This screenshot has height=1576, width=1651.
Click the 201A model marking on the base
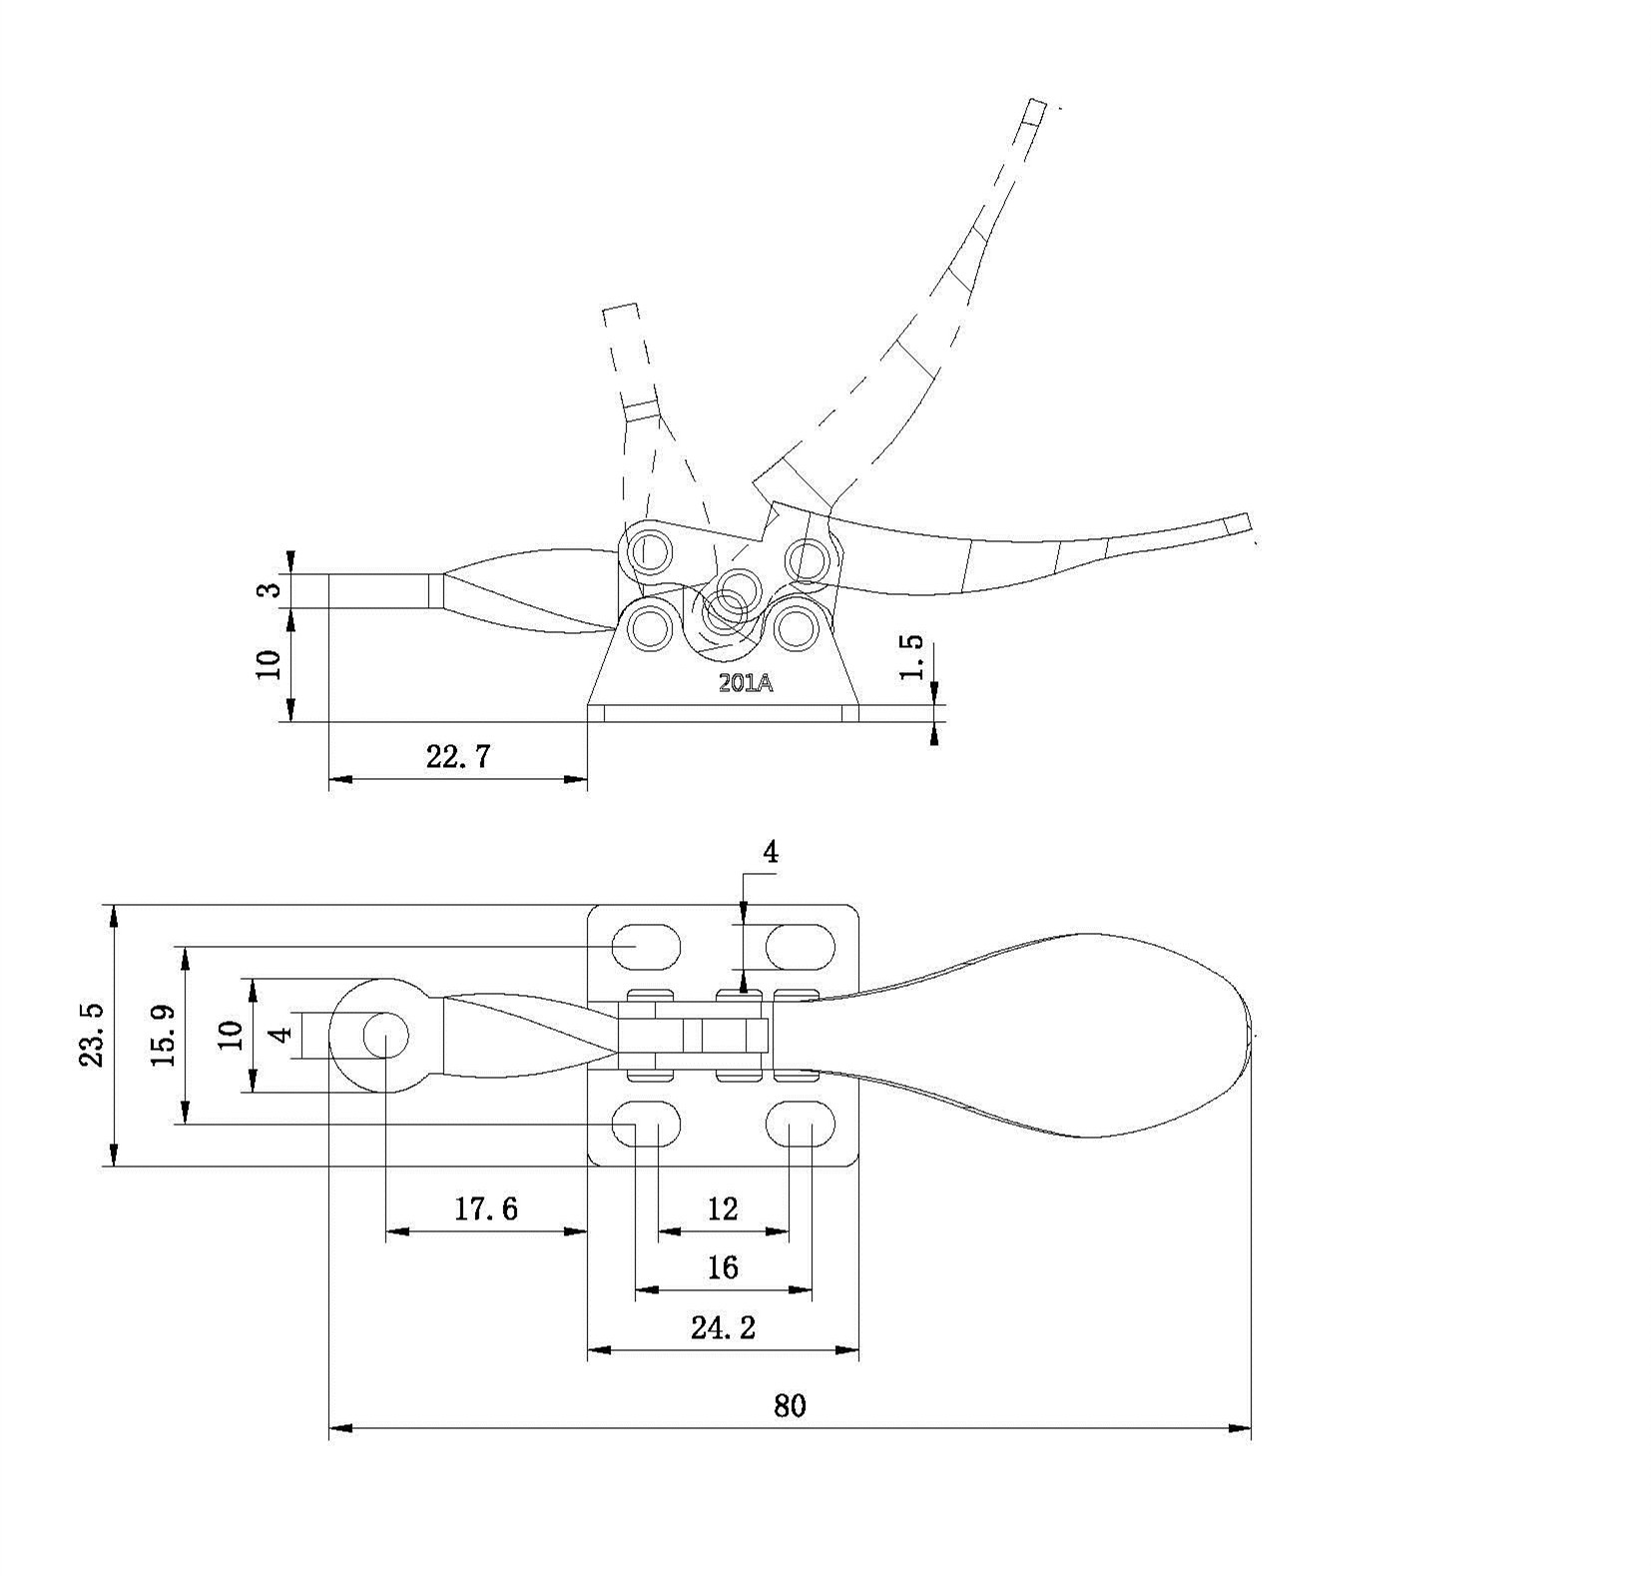[x=746, y=684]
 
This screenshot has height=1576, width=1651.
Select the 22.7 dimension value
[x=458, y=756]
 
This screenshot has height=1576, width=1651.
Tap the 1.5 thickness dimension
[x=912, y=656]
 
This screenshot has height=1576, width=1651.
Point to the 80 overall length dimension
[x=789, y=1406]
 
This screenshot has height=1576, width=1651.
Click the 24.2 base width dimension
[x=723, y=1327]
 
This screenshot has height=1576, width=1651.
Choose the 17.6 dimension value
[x=486, y=1209]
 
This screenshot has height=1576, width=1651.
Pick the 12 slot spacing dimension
[x=723, y=1209]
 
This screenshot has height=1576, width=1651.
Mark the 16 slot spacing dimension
[x=723, y=1268]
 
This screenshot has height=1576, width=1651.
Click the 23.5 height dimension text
[x=92, y=1035]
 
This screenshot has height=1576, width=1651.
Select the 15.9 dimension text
[x=165, y=1035]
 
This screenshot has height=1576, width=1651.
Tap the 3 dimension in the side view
[x=269, y=589]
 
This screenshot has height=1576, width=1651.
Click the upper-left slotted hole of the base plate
[x=646, y=946]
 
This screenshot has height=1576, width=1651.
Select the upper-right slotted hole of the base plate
[x=801, y=946]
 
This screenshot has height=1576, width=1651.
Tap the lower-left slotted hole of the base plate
[x=646, y=1123]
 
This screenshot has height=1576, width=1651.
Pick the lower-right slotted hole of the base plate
[x=801, y=1123]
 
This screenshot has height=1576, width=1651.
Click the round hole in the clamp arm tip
[x=386, y=1036]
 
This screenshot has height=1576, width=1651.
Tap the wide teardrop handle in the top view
[x=1038, y=1035]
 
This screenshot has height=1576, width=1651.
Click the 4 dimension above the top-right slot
[x=770, y=852]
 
